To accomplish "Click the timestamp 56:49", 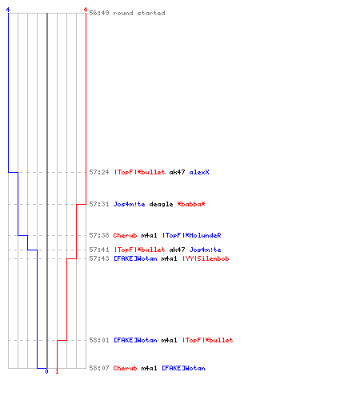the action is click(99, 13).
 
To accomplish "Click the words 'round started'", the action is click(139, 13).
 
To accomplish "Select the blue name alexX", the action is click(199, 172).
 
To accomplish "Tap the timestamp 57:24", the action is click(99, 172).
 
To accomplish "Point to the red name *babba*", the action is click(191, 204).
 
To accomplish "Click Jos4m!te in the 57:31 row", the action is click(130, 204).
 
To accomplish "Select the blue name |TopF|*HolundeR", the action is click(192, 235).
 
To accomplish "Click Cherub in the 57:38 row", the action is click(125, 235).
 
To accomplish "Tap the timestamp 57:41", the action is click(99, 250).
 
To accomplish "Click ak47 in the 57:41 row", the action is click(177, 250).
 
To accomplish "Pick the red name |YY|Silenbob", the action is click(206, 258).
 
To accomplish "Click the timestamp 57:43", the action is click(99, 258).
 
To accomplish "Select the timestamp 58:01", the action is click(99, 340).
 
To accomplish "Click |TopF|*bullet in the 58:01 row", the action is click(208, 340).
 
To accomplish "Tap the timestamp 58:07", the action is click(99, 368).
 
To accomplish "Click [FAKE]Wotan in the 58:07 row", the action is click(183, 368).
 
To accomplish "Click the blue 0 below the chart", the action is click(46, 371).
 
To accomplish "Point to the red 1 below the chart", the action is click(57, 371).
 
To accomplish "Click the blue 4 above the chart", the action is click(8, 10).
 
